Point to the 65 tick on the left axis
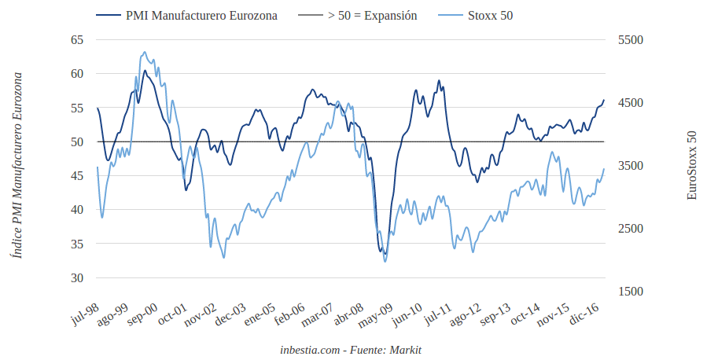77,39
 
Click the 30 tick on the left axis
77,277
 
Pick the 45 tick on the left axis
77,175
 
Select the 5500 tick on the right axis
632,39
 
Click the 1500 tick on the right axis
632,292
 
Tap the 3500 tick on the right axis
632,165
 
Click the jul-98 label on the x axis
85,314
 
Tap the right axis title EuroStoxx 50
692,165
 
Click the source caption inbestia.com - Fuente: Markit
355,349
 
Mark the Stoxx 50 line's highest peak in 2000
144,53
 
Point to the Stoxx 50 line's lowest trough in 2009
385,261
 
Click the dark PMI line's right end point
604,101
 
